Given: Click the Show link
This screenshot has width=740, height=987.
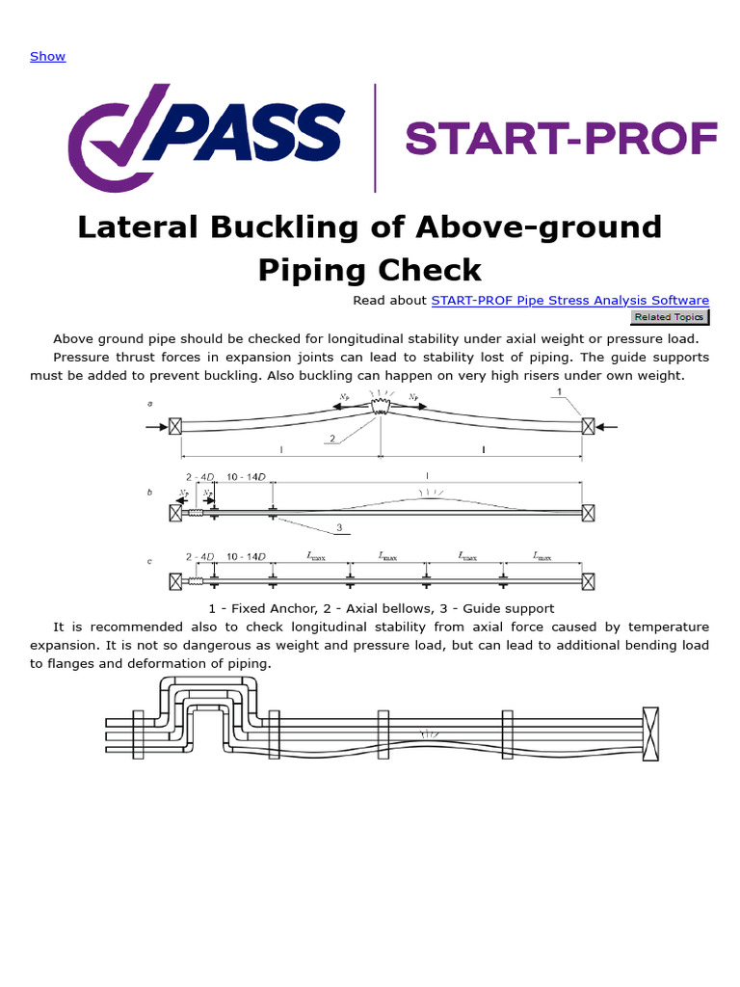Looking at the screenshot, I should (47, 56).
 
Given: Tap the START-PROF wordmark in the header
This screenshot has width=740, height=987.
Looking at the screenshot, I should (562, 139).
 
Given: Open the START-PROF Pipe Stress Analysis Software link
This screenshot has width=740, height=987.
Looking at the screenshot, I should (569, 300).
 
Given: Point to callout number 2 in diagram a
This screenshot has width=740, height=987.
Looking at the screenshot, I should (331, 440).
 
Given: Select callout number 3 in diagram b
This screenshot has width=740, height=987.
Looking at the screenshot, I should (338, 526).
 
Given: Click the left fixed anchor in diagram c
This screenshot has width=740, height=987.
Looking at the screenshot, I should (175, 581).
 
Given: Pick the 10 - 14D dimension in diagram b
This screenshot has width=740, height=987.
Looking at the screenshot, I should (245, 477).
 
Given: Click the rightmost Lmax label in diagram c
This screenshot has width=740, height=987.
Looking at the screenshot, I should (542, 556).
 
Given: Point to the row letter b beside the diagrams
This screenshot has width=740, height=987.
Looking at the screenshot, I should (149, 493).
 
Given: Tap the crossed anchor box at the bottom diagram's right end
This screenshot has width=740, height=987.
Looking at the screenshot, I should (650, 733).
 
